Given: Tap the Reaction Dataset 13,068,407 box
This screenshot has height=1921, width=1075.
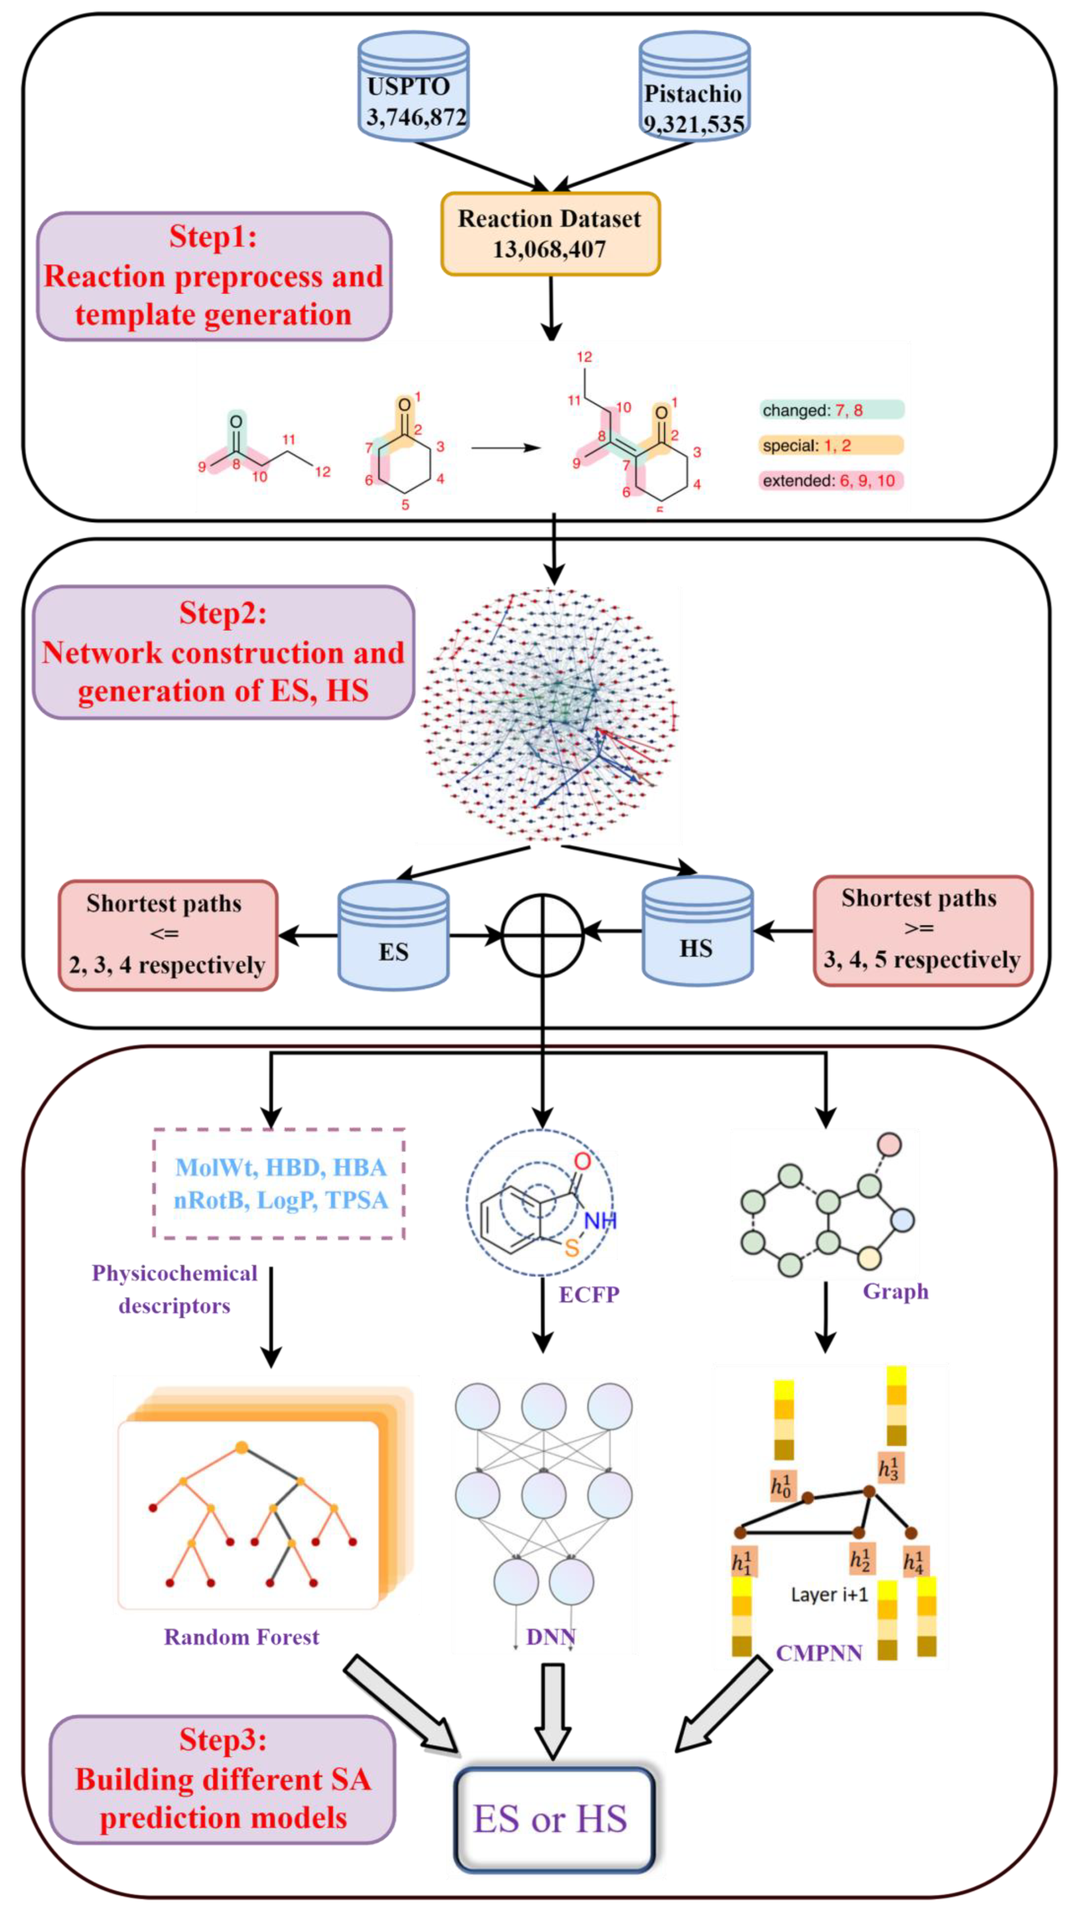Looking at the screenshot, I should (550, 234).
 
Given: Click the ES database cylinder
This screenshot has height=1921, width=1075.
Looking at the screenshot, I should (393, 936).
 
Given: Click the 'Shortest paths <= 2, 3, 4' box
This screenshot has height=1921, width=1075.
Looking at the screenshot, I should (168, 935).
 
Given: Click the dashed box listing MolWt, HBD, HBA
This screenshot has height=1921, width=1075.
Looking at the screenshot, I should (279, 1184).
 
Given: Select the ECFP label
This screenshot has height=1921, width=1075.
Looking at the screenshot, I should (588, 1295).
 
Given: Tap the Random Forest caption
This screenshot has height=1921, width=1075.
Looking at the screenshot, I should (241, 1637).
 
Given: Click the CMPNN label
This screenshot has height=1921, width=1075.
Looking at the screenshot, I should (818, 1653).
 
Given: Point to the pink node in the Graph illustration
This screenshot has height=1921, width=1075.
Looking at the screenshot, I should (889, 1144).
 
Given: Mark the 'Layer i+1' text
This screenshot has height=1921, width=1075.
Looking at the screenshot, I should (829, 1594).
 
